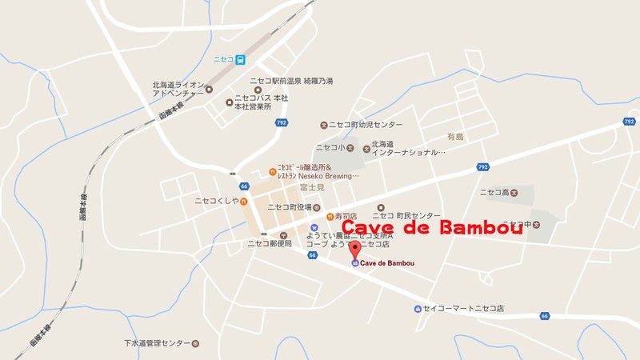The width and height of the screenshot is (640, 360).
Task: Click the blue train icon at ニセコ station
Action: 241,59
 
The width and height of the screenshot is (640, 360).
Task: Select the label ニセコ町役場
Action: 289,206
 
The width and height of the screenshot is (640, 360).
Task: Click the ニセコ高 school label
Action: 494,192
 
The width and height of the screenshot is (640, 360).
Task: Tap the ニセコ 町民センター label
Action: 406,216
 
